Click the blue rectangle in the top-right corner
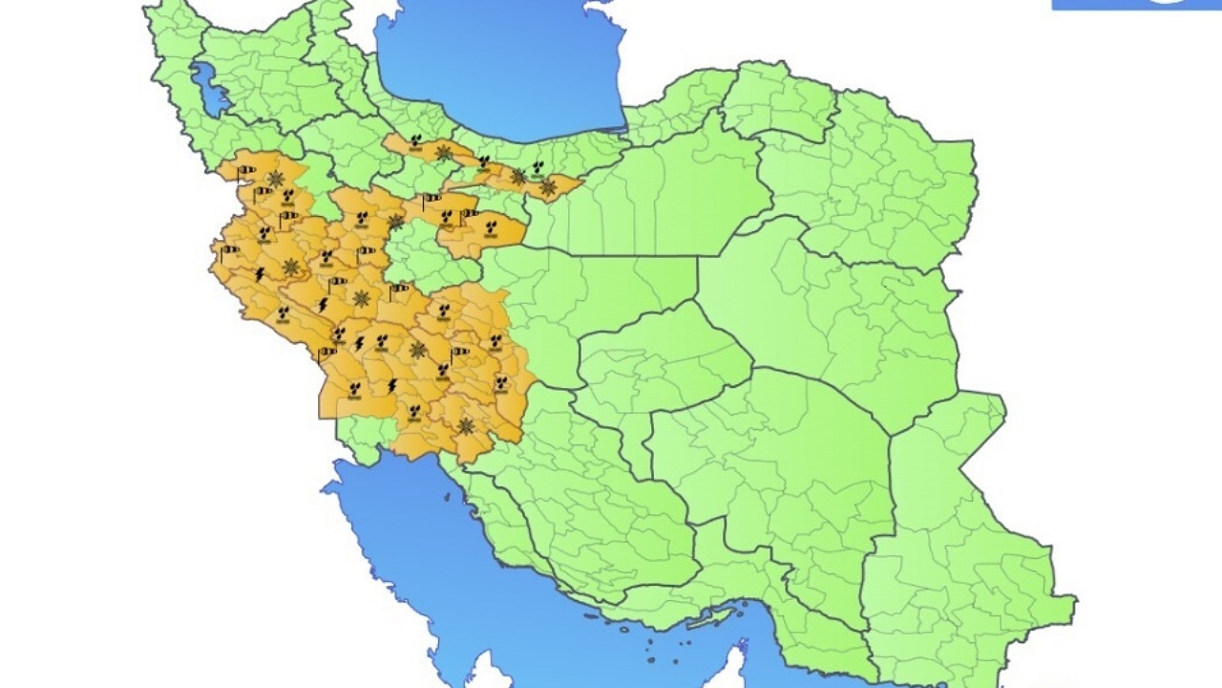[x=1136, y=5]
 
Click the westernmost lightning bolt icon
[x=260, y=274]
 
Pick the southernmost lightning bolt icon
[x=391, y=385]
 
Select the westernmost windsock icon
[x=229, y=252]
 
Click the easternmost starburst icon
[x=547, y=188]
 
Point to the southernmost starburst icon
[x=465, y=426]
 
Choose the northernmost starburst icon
[x=444, y=153]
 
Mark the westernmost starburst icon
[x=276, y=179]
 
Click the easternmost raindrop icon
[x=540, y=167]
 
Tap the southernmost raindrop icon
[x=414, y=412]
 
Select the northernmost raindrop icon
[x=415, y=141]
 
